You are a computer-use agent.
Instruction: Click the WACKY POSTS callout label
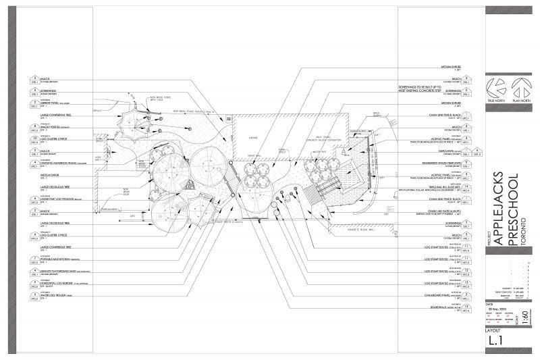[x=53, y=126]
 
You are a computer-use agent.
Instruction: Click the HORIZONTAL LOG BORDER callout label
[x=58, y=284]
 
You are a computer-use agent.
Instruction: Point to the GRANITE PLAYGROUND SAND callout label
[x=59, y=272]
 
